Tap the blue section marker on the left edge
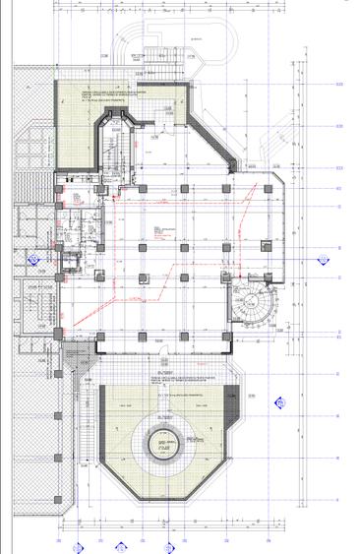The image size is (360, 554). pyautogui.click(x=33, y=263)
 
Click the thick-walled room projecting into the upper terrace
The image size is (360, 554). pyautogui.click(x=117, y=138)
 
